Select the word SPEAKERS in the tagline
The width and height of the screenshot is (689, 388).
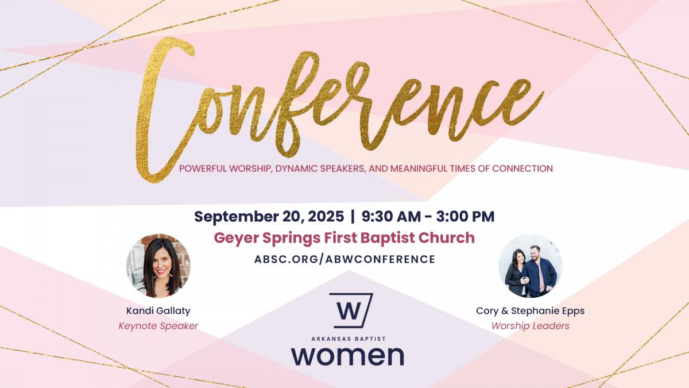(343, 169)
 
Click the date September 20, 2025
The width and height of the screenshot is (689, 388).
(269, 217)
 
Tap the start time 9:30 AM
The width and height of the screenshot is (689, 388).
(391, 216)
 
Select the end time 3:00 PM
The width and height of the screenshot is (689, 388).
(465, 216)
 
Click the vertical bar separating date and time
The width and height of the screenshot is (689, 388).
(353, 216)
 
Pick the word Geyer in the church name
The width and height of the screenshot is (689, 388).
(236, 239)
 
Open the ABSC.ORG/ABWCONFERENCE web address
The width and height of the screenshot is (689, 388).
(344, 259)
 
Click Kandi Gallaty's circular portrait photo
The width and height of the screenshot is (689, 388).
(158, 266)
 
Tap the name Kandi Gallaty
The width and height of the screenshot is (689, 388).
(158, 311)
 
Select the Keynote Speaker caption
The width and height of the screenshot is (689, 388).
(158, 326)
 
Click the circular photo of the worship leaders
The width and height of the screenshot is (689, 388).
(531, 266)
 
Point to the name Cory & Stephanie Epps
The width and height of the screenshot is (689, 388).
(531, 311)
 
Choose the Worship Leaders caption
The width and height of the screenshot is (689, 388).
(531, 326)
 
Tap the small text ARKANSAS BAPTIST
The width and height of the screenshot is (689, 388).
(349, 339)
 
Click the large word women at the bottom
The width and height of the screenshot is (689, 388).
(347, 356)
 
